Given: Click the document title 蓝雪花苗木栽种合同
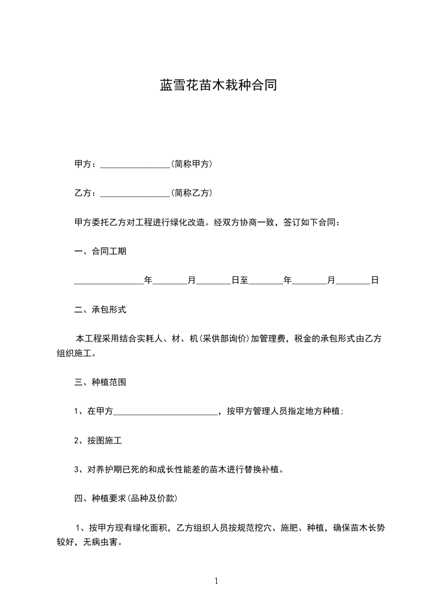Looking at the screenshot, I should pyautogui.click(x=218, y=86).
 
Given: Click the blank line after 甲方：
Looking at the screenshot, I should pyautogui.click(x=136, y=164).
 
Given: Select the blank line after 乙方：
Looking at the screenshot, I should pyautogui.click(x=136, y=193).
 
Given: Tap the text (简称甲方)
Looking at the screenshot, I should pyautogui.click(x=191, y=164).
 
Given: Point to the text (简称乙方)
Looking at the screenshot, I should pyautogui.click(x=191, y=193).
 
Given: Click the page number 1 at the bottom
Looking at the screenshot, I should pyautogui.click(x=216, y=581).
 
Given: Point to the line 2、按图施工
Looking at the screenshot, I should pyautogui.click(x=94, y=441).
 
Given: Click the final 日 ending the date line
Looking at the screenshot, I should pyautogui.click(x=375, y=281).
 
